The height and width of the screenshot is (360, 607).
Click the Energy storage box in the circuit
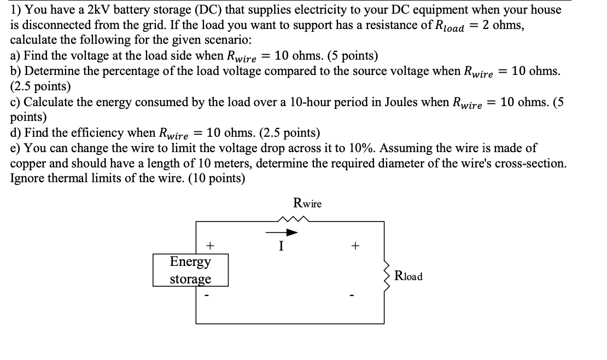[190, 270]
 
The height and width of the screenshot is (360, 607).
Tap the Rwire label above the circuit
[307, 204]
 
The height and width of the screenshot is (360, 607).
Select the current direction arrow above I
[282, 233]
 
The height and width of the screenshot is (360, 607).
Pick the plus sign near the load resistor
[354, 246]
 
